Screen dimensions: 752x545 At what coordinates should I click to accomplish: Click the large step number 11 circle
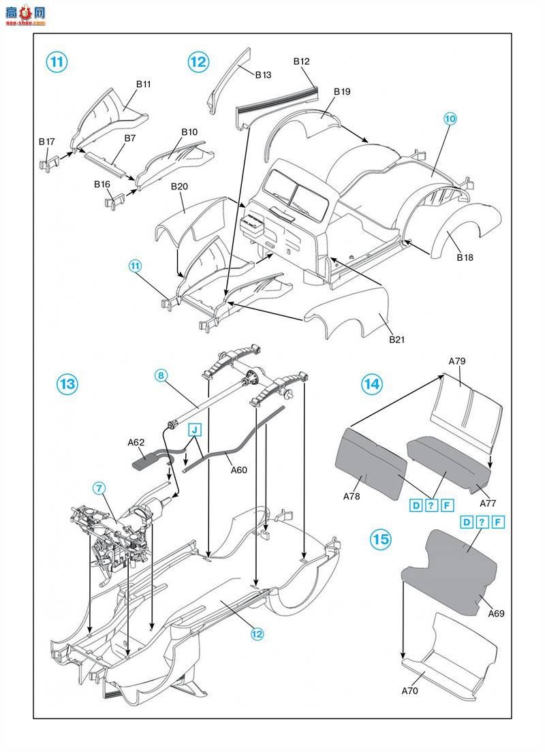[57, 62]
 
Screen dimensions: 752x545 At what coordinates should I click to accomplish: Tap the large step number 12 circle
[198, 62]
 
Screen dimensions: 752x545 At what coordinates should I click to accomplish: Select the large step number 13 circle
[67, 383]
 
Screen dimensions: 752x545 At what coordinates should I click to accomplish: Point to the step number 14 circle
[371, 383]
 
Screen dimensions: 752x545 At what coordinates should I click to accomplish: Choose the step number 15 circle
[381, 539]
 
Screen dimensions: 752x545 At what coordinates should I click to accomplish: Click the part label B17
[46, 142]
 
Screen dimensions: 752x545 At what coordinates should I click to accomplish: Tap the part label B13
[263, 75]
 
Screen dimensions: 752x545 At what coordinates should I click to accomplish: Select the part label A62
[136, 443]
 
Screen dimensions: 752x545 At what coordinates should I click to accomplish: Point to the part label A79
[457, 360]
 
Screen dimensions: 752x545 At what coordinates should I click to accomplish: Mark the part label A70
[409, 691]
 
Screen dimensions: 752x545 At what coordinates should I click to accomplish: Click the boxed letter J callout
[195, 429]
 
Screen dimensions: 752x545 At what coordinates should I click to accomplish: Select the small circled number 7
[99, 488]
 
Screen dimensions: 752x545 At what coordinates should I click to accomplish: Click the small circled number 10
[450, 119]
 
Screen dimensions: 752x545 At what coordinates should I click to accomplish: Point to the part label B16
[102, 185]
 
